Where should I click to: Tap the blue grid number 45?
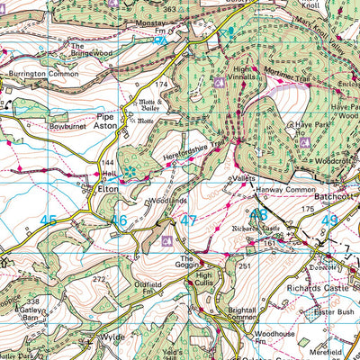point(49,220)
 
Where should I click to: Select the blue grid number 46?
point(119,220)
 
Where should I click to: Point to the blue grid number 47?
point(188,220)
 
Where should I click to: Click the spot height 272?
point(101,281)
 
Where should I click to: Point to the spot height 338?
point(33,301)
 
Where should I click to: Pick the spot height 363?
point(167,7)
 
